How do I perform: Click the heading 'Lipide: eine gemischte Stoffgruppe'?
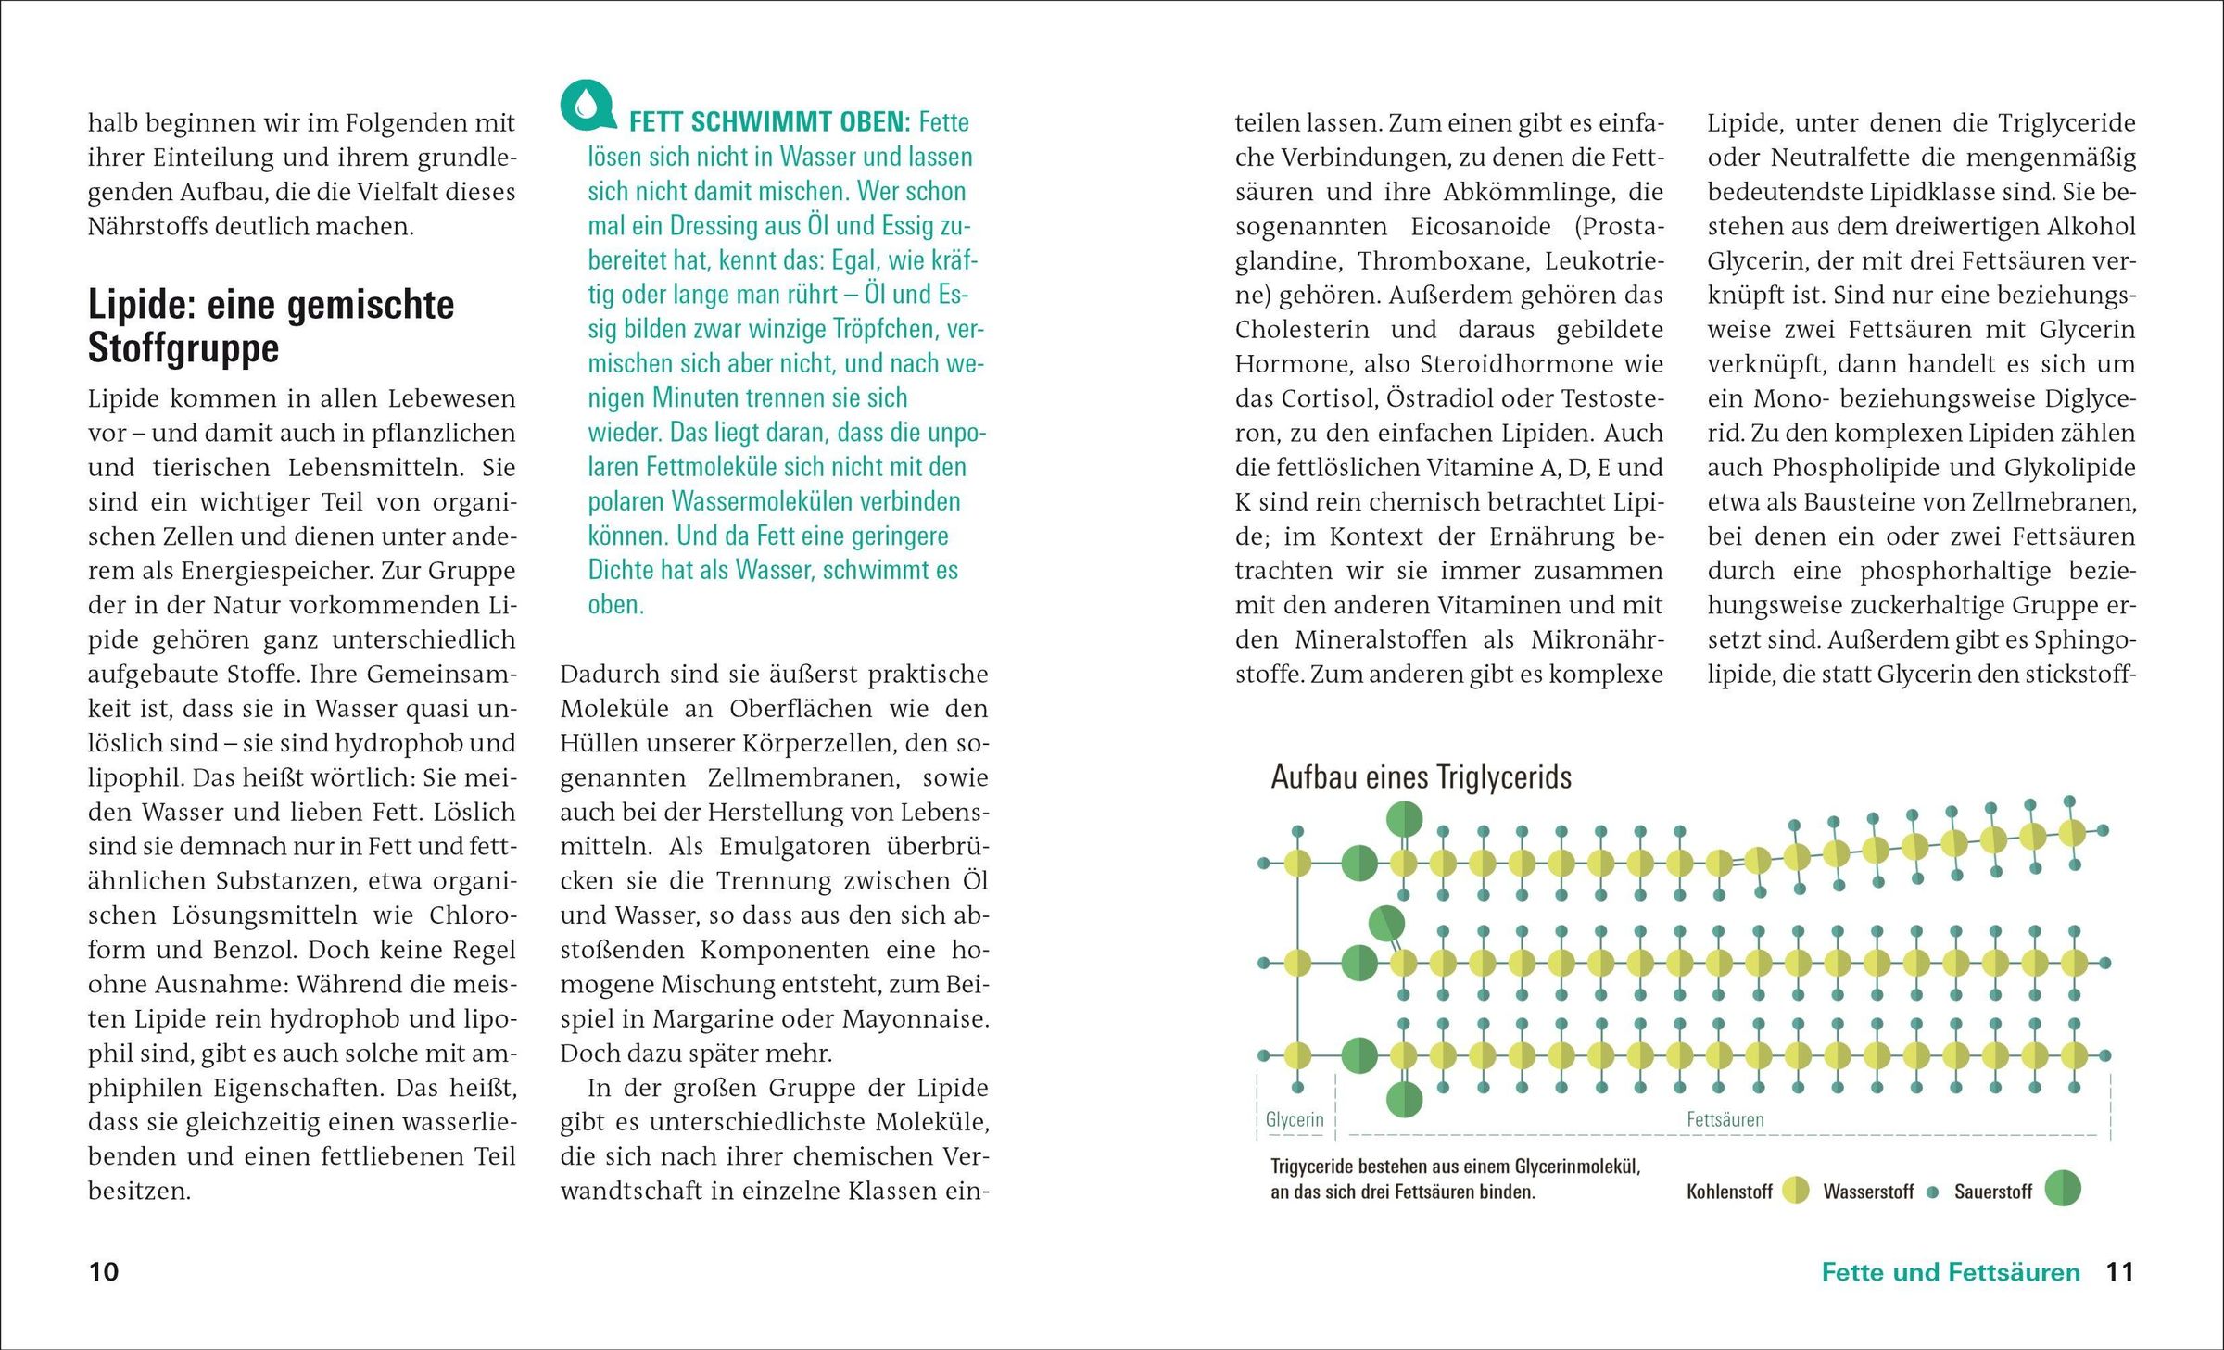point(271,325)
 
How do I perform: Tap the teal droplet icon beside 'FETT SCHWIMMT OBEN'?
point(587,106)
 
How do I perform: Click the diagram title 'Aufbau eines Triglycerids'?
point(1421,776)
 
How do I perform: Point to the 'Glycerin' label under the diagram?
point(1295,1119)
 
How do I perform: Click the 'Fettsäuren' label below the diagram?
point(1725,1119)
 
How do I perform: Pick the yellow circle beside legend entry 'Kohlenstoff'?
point(1796,1191)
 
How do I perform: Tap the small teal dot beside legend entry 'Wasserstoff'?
point(1932,1192)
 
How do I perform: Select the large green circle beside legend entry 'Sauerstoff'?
point(2063,1189)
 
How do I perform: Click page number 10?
point(104,1271)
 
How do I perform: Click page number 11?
point(2120,1271)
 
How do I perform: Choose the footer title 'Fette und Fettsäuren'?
point(1951,1272)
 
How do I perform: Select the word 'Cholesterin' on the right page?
point(1302,330)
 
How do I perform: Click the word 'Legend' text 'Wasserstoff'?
point(1867,1192)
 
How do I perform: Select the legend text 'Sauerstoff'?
point(1992,1192)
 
